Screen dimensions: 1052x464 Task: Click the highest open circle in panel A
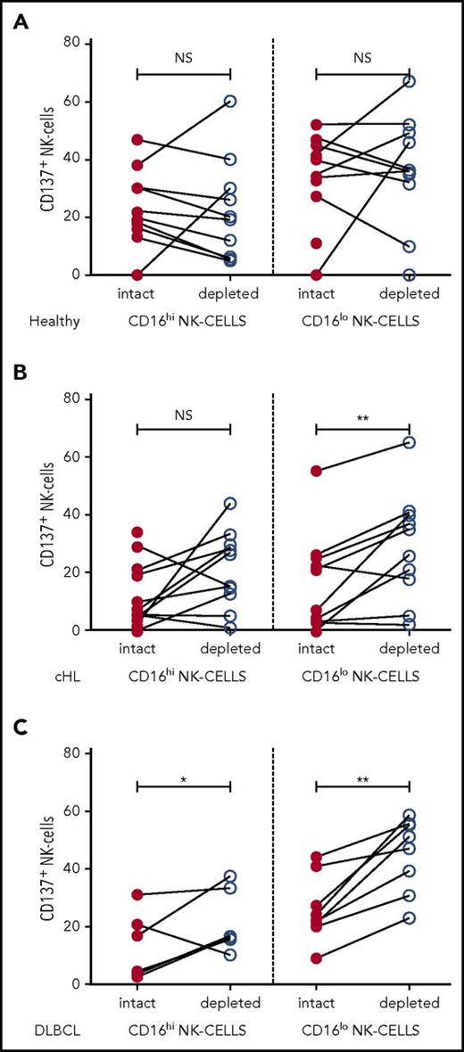pyautogui.click(x=409, y=81)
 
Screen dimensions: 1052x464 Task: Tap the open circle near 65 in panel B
pyautogui.click(x=409, y=442)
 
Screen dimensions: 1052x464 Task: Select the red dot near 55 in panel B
pyautogui.click(x=316, y=471)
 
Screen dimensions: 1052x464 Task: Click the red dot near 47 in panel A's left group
pyautogui.click(x=137, y=140)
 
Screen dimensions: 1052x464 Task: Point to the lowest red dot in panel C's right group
pyautogui.click(x=316, y=958)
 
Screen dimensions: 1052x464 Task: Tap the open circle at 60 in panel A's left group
pyautogui.click(x=230, y=102)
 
